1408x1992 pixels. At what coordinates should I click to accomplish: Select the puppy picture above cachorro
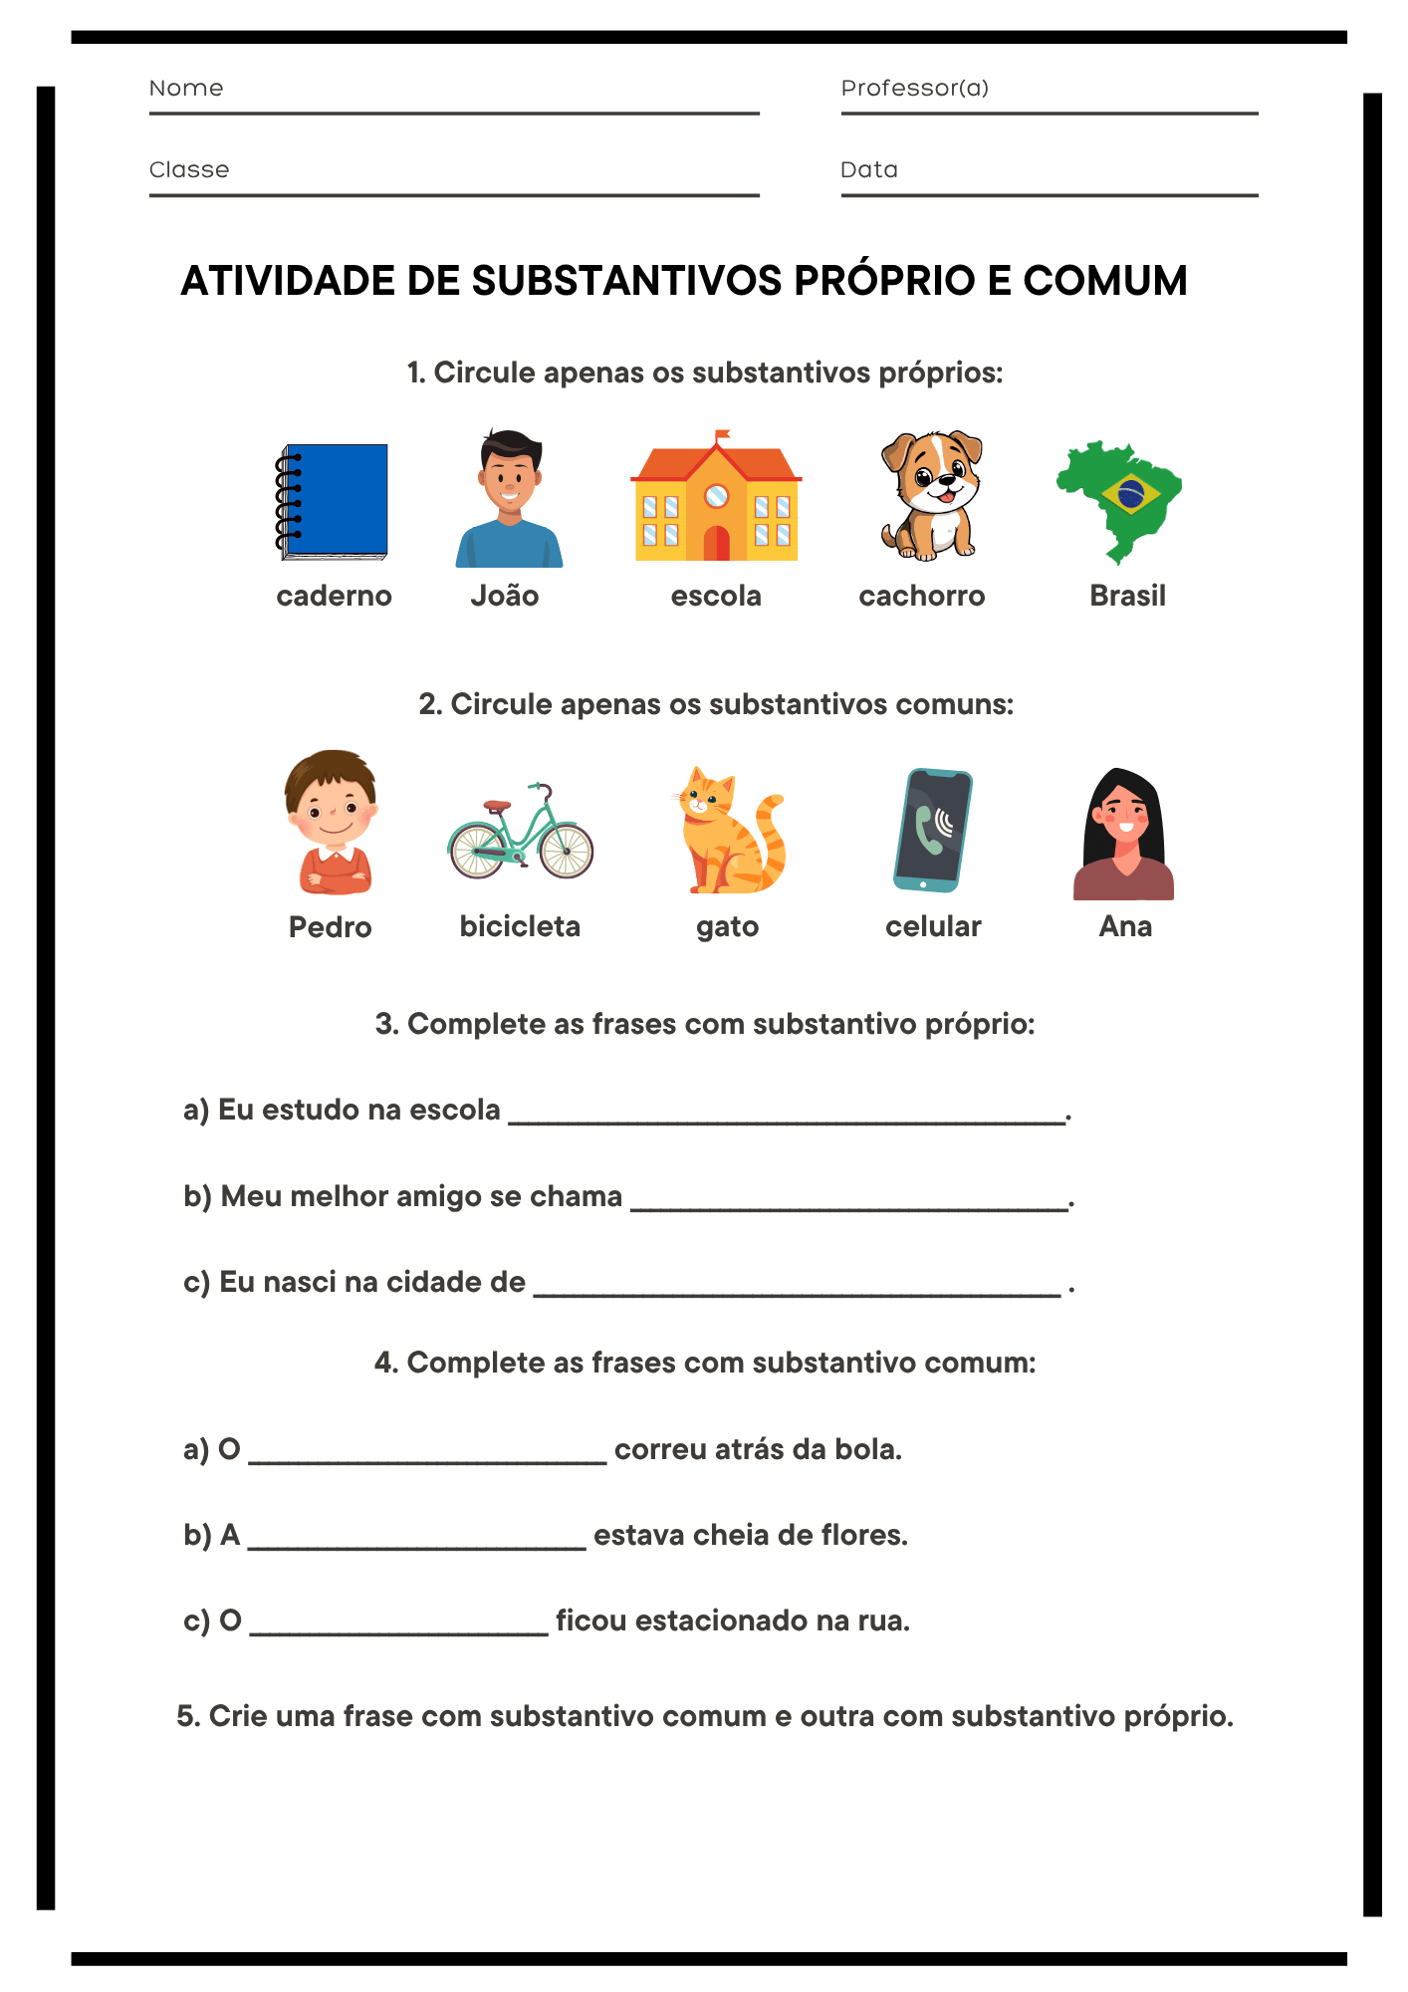[932, 495]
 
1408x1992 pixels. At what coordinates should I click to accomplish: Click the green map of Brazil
[1119, 499]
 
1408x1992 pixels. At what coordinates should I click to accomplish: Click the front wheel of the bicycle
[567, 850]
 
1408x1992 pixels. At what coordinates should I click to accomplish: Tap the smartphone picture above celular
[932, 830]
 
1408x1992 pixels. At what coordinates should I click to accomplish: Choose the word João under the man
[505, 596]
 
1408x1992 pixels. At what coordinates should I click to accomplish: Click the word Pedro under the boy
[330, 927]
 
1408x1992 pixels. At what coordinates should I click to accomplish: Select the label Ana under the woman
[1125, 926]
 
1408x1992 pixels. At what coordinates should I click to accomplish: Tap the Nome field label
[186, 88]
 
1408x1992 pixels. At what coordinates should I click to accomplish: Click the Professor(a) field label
[914, 88]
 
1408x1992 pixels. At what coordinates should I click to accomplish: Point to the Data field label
[868, 169]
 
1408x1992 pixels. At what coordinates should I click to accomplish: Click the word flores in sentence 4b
[863, 1535]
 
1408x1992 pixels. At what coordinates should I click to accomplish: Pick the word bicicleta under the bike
[520, 926]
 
